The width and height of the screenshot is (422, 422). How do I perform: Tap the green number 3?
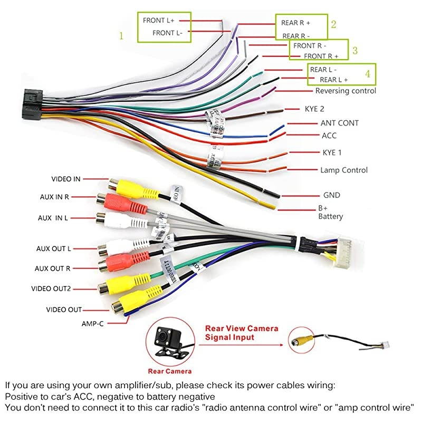pos(355,51)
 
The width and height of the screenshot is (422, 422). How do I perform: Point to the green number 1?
pos(121,36)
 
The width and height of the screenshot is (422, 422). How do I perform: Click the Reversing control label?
pos(346,91)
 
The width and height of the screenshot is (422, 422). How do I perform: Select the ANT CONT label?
pos(340,123)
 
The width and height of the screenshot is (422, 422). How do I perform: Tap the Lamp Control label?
pos(344,170)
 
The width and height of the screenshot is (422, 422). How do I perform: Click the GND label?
pos(332,195)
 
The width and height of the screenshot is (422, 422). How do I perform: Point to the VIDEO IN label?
pos(66,179)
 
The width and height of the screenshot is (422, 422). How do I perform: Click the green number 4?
pos(367,73)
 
